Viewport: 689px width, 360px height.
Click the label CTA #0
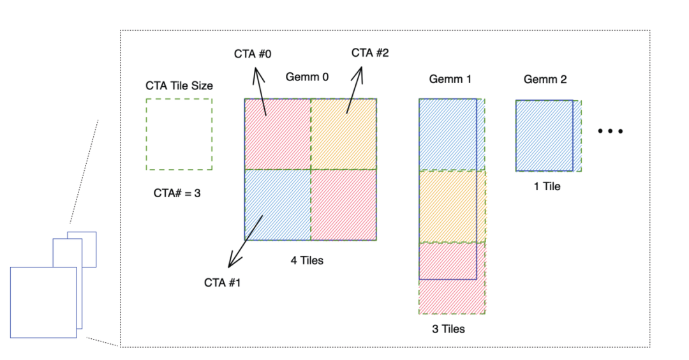(x=253, y=54)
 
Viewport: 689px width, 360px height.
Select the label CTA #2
(x=371, y=52)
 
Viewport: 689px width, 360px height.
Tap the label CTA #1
(x=222, y=282)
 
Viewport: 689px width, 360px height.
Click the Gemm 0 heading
(x=307, y=77)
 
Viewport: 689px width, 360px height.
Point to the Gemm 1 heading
(x=450, y=79)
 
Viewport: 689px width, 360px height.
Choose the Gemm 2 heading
(x=545, y=80)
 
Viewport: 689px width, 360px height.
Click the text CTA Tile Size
(x=179, y=86)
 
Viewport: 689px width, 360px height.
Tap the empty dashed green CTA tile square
(x=179, y=134)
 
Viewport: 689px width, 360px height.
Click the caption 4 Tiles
(x=307, y=260)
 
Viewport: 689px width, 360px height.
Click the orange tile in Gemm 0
(x=344, y=134)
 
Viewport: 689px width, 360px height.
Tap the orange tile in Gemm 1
(x=452, y=206)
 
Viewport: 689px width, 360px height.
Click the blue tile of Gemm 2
(x=545, y=135)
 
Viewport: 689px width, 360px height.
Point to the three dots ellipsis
(x=610, y=131)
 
